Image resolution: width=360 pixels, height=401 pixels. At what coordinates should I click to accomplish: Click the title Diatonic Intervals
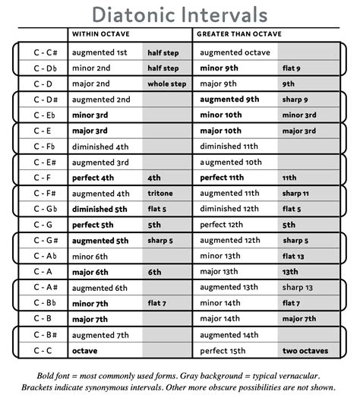(179, 14)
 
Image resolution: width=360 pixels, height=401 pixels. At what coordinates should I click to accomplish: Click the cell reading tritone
(160, 194)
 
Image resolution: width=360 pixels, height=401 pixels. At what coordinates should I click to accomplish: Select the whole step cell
(166, 84)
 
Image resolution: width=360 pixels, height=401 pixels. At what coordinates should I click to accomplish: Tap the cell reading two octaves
(305, 350)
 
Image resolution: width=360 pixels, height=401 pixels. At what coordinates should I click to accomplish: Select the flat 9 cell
(292, 68)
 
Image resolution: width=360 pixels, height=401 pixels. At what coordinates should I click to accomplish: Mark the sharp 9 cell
(295, 99)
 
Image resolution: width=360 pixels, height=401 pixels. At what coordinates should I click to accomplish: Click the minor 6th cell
(91, 256)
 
